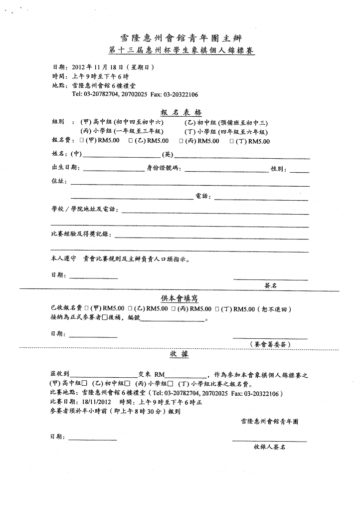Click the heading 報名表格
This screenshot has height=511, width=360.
180,112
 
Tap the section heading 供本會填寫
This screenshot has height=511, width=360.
180,298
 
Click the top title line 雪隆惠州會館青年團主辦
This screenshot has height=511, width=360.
180,37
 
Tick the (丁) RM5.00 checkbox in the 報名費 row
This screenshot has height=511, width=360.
231,141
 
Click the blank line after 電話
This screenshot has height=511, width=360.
261,197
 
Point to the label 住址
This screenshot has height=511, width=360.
59,182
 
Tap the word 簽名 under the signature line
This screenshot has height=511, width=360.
270,286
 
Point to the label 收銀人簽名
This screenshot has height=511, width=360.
269,448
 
